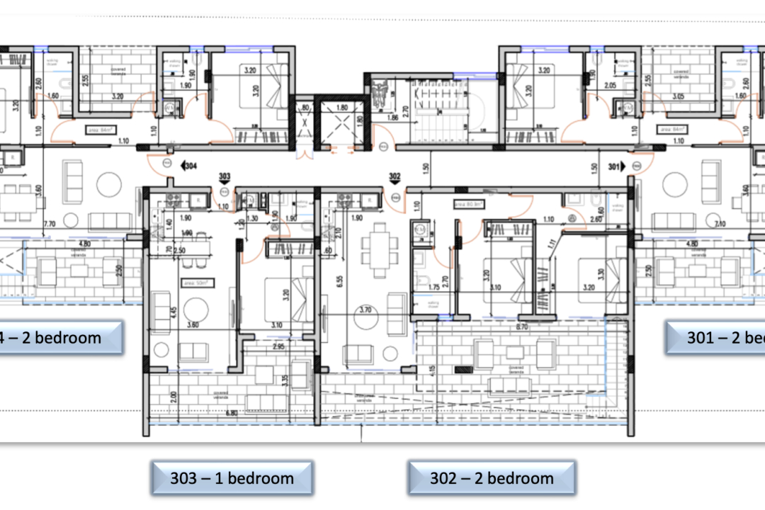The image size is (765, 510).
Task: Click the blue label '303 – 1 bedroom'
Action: point(232,478)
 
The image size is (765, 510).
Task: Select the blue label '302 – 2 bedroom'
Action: point(492,478)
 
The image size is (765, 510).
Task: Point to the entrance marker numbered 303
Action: point(225,178)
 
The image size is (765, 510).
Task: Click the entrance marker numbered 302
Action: point(395,178)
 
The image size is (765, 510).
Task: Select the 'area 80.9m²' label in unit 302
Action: point(467,204)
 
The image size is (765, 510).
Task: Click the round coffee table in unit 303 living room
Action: point(194,309)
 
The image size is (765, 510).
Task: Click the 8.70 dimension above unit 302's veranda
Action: point(522,327)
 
